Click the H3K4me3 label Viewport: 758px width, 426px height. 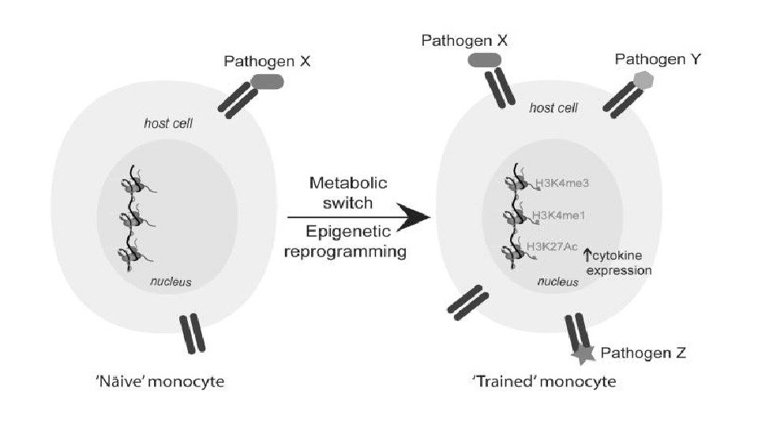coord(563,183)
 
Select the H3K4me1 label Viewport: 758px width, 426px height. coord(563,215)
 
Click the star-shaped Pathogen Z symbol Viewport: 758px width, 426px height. coord(584,353)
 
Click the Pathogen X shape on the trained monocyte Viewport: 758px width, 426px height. coord(486,61)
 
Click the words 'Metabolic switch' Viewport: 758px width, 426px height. coord(347,192)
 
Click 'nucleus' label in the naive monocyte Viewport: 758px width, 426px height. coord(171,282)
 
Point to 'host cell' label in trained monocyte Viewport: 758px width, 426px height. coord(552,107)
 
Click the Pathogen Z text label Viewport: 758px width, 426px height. coord(644,353)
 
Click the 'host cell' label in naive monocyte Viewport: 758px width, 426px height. coord(168,123)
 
